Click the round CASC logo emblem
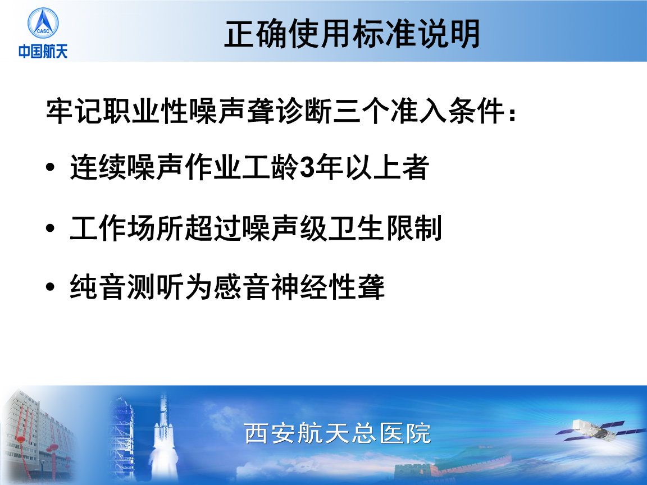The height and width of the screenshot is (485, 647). pos(43,23)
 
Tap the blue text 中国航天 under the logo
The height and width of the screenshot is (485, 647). pos(43,52)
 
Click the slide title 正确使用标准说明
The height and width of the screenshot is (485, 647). pos(352,34)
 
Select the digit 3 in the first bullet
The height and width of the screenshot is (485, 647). pos(307,167)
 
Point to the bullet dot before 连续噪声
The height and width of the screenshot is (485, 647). pos(51,167)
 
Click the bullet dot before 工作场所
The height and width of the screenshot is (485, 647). pos(51,228)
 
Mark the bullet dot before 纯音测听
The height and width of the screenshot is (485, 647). pos(51,287)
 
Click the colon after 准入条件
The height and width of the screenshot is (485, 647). pos(512,113)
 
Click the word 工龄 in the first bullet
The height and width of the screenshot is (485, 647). pos(271,167)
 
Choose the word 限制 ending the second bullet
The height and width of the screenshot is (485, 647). pos(414,228)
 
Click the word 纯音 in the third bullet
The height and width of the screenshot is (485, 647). pos(98,287)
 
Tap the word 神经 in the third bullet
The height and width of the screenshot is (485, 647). pos(299,287)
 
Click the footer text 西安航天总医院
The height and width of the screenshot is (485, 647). pos(338,433)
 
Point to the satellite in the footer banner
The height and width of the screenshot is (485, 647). pos(594,430)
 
